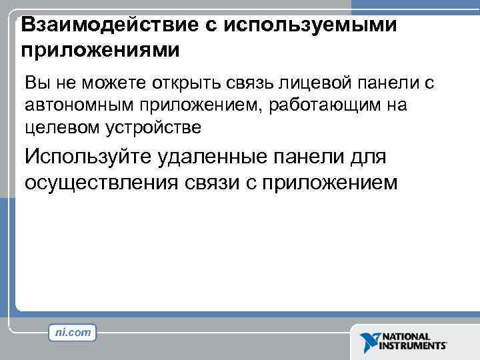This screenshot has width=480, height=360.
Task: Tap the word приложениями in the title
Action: [x=101, y=49]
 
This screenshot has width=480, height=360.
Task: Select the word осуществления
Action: [x=97, y=183]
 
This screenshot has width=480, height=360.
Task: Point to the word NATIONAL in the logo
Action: [x=406, y=337]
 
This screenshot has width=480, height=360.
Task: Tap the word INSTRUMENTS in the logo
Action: [x=413, y=347]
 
